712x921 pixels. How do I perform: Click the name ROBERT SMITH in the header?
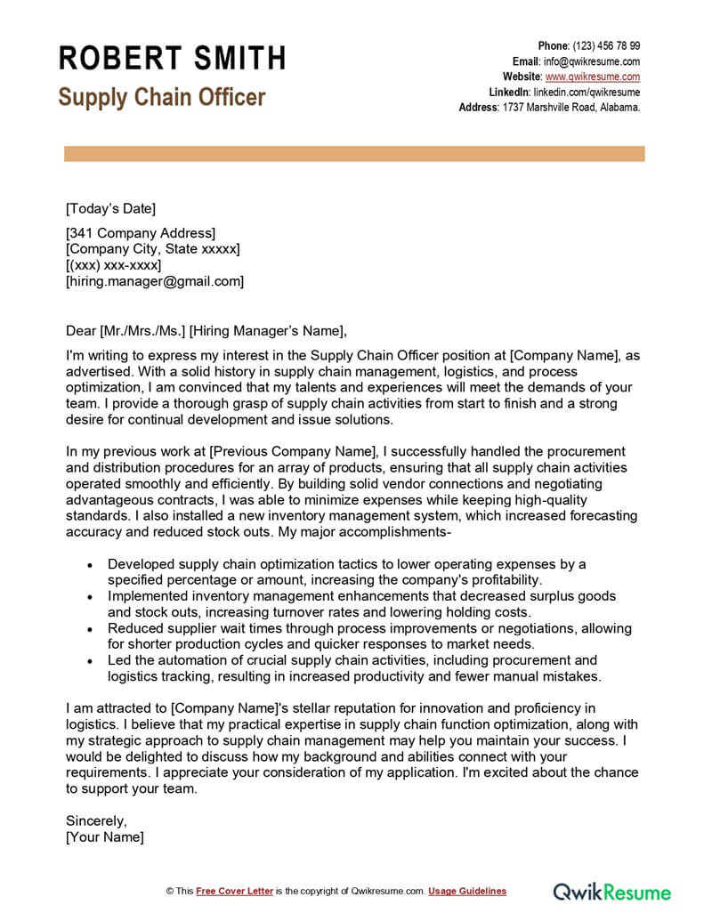[172, 59]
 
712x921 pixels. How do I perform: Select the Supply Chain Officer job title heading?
[162, 97]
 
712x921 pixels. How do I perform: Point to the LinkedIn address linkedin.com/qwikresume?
[587, 93]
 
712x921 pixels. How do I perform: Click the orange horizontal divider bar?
[354, 154]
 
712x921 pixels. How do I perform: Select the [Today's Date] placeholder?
[111, 209]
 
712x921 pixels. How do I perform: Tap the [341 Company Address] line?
[141, 233]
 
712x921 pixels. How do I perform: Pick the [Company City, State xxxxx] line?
[153, 249]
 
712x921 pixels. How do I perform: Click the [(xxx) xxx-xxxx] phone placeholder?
[114, 265]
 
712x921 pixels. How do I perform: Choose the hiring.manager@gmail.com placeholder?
[155, 281]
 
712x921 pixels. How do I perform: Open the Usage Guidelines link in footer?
[467, 891]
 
